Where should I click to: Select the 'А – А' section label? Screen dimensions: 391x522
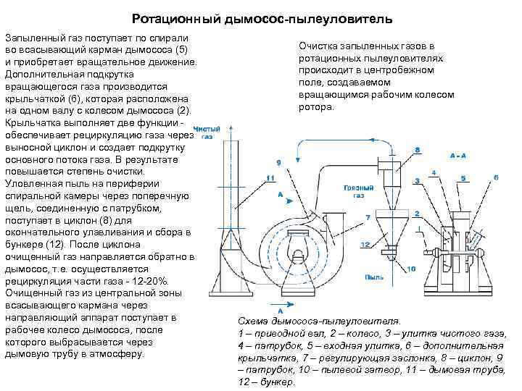click(x=457, y=156)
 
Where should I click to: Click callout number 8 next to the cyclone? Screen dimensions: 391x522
click(x=417, y=150)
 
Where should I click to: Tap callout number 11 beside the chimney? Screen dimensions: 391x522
click(x=270, y=177)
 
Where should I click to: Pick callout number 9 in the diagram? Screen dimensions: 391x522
click(x=279, y=162)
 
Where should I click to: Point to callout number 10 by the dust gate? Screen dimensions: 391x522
click(x=412, y=269)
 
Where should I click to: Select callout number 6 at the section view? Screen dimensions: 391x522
click(x=495, y=177)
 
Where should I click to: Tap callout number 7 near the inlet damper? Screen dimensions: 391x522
click(x=368, y=216)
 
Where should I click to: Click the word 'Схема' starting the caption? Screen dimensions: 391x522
click(x=254, y=320)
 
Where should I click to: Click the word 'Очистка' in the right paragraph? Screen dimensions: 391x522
click(x=320, y=47)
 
